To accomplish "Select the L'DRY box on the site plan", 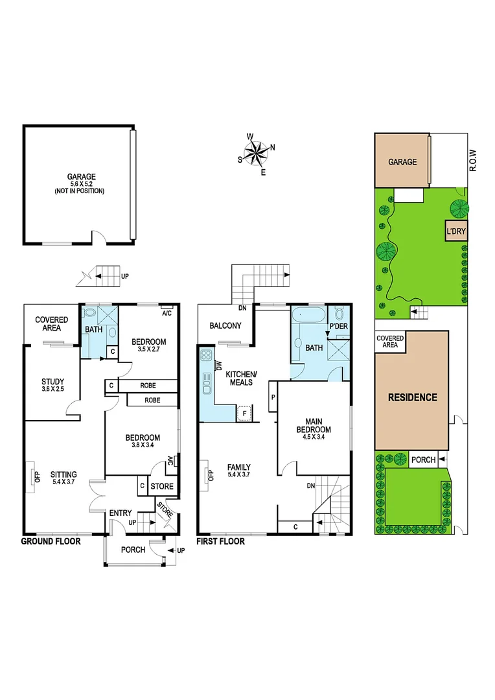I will pos(455,231).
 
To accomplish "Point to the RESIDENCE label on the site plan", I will pos(413,397).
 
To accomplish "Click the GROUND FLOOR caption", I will pos(51,541).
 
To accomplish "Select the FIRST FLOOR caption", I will pos(220,541).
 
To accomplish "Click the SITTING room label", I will pos(63,478).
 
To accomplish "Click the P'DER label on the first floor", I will pos(339,325).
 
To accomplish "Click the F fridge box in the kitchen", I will pos(244,412).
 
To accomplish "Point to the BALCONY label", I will pos(225,325).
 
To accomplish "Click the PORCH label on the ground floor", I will pos(132,550).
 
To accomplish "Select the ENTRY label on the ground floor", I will pos(121,513).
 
